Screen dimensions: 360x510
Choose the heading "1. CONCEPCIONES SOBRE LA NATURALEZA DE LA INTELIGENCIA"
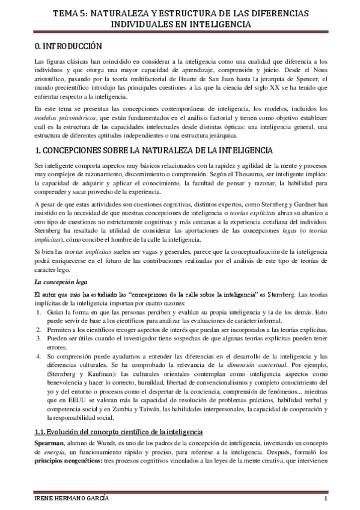153,149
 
